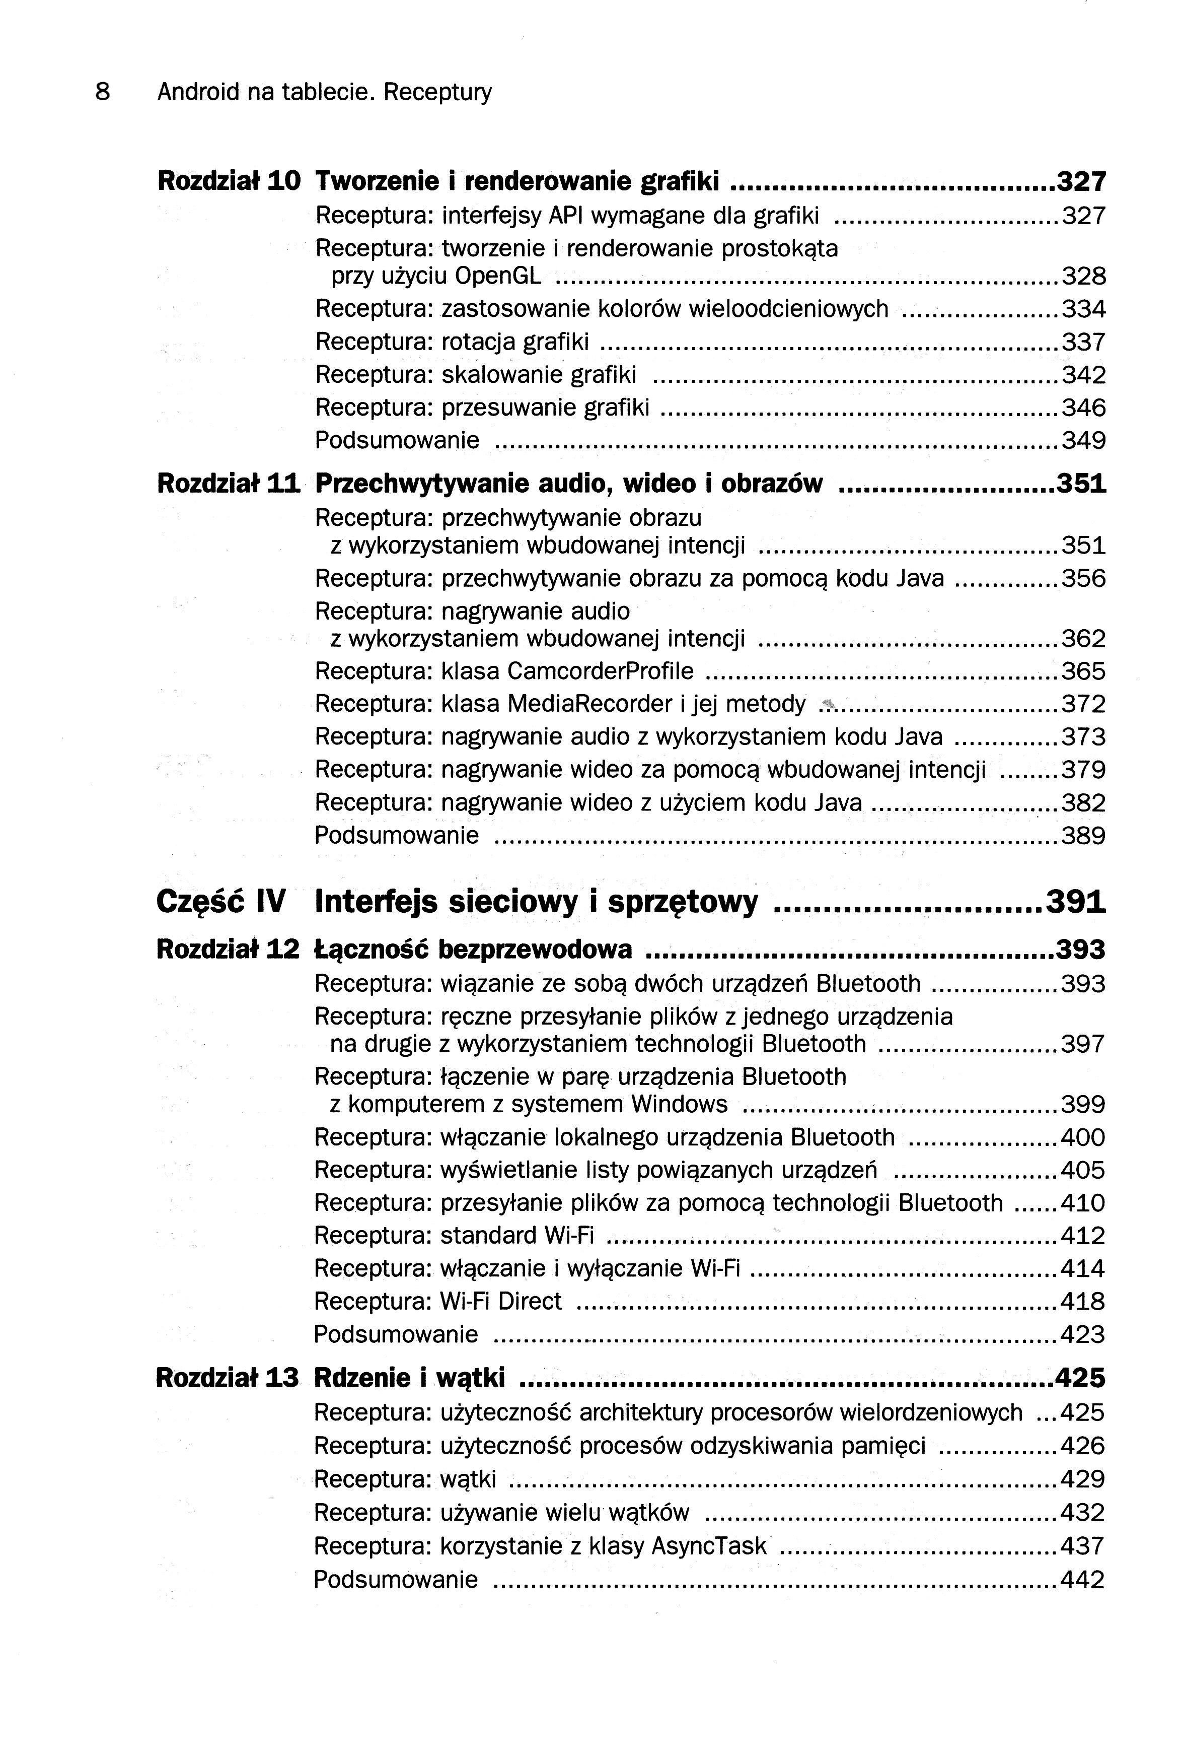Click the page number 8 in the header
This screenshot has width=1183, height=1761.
[103, 92]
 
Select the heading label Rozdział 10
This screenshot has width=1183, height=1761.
[229, 181]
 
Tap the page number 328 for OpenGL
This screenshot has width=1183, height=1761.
[1083, 276]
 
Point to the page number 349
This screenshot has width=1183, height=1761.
[1083, 440]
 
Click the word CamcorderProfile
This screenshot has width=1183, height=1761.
[600, 671]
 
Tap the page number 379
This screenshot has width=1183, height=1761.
[1083, 770]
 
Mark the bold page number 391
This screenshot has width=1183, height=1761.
[1075, 902]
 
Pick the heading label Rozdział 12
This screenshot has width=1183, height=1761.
[228, 950]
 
